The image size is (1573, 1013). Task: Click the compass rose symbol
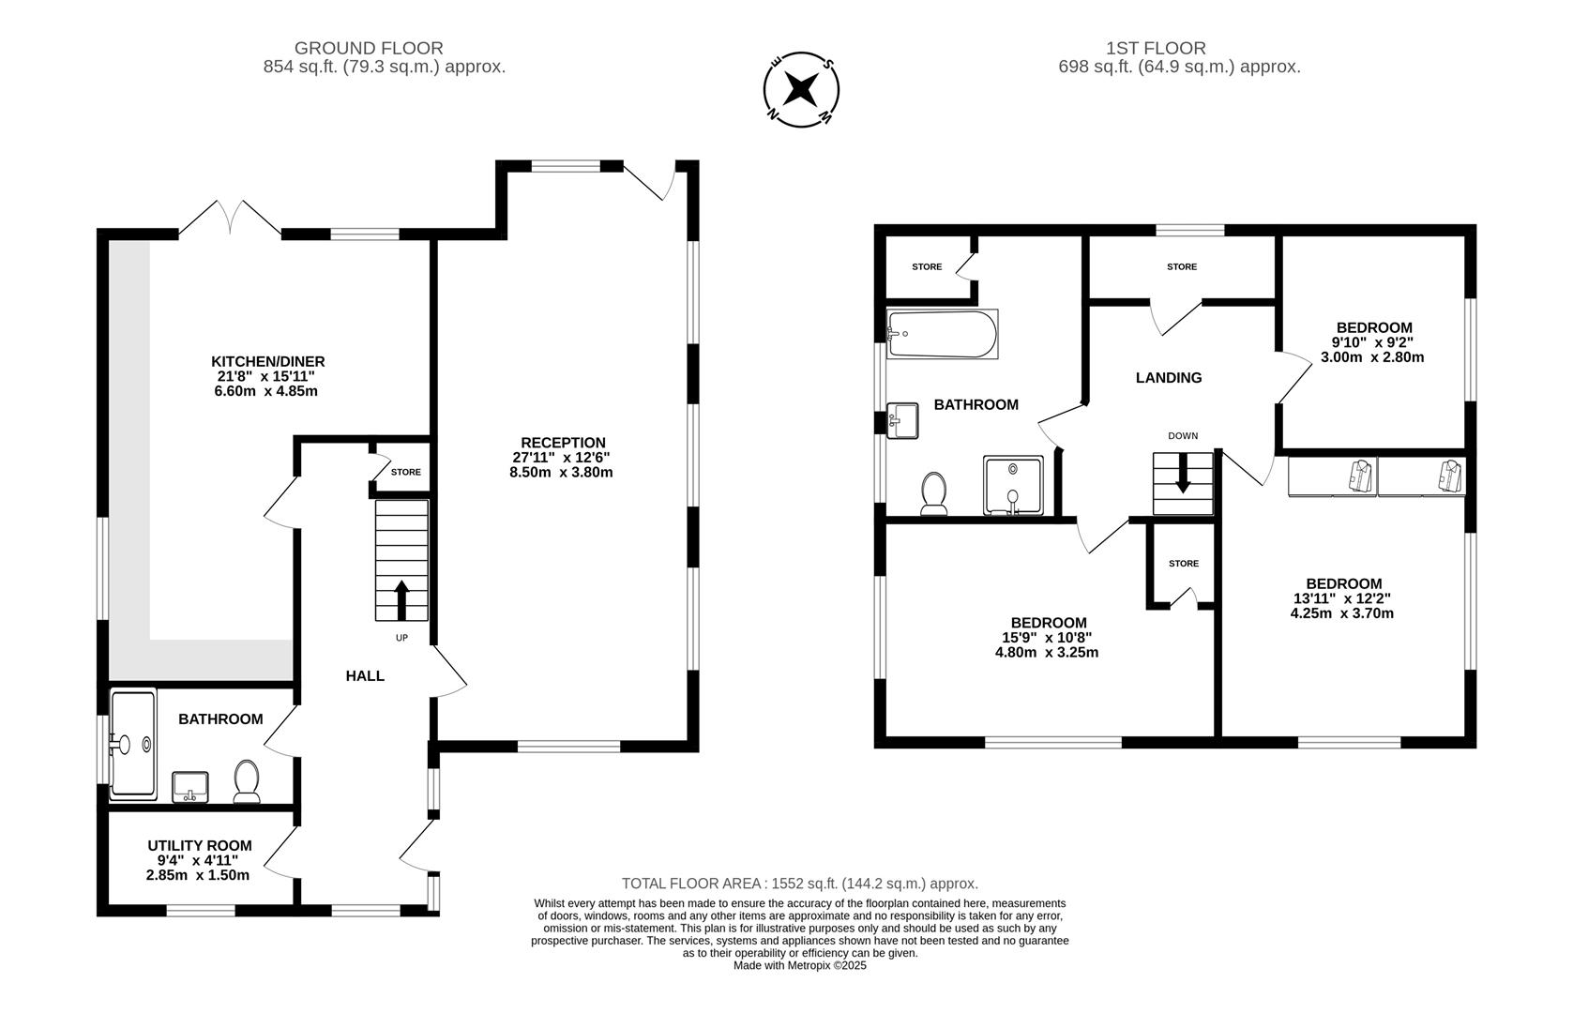click(x=801, y=90)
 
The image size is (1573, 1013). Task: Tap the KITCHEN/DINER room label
click(x=267, y=361)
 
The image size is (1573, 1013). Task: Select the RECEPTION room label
click(x=563, y=443)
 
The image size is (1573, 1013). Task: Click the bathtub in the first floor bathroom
click(x=942, y=334)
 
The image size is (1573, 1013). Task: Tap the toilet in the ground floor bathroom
click(x=247, y=780)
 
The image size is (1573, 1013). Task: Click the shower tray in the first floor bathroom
click(x=1013, y=485)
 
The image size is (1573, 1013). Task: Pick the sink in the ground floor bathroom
click(x=190, y=786)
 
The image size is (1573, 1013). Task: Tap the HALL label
click(x=365, y=675)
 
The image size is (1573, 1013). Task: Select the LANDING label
click(x=1168, y=378)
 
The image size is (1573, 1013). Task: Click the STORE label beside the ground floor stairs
click(x=406, y=472)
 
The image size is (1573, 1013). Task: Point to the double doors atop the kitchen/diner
click(x=230, y=217)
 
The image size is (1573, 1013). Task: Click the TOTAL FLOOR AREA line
click(x=799, y=884)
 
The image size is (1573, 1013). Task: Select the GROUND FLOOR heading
click(x=369, y=48)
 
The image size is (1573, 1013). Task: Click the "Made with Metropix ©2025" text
click(x=799, y=965)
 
